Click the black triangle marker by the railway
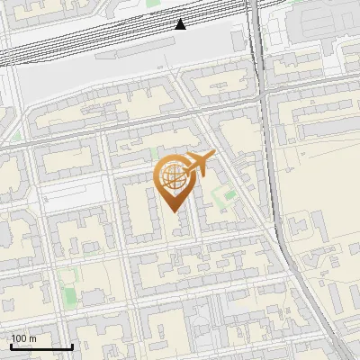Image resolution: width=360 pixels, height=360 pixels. point(181,24)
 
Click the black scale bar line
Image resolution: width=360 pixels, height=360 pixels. point(40,346)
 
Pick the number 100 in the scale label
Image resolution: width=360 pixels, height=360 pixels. point(18,338)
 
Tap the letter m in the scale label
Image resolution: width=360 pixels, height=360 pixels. point(32,339)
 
